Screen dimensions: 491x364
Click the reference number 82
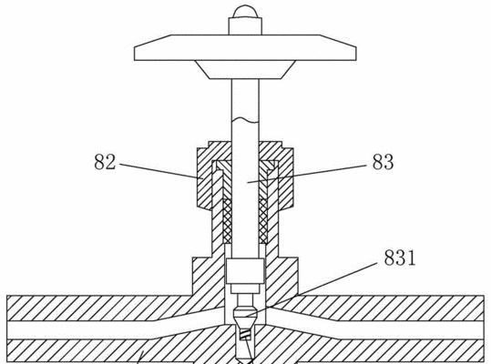[105, 162]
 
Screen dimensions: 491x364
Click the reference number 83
[383, 162]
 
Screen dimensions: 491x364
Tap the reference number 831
[400, 258]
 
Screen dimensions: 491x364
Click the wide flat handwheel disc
[245, 47]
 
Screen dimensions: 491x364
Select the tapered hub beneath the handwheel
[245, 70]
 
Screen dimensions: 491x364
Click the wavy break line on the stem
[245, 120]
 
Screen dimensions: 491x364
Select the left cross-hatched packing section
[228, 221]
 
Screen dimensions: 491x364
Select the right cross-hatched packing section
[263, 221]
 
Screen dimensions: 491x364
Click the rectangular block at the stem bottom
[245, 271]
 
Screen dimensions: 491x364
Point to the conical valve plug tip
[246, 317]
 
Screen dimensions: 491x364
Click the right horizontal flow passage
[375, 330]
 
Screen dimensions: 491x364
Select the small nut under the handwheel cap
[245, 26]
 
